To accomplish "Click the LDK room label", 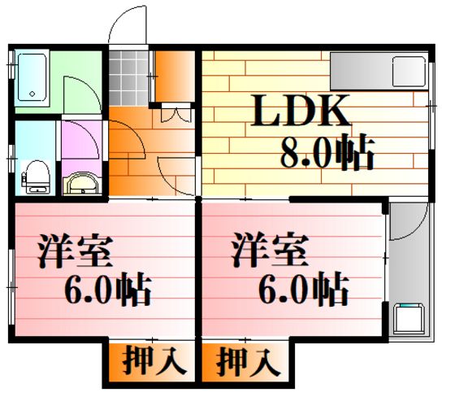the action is pos(301,111).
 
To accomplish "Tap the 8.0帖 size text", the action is pos(328,151).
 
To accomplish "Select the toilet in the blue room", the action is pos(37,177).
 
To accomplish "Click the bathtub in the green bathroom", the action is pos(32,77).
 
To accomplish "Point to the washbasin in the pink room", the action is pos(82,183).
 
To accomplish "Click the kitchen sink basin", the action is pos(409,72).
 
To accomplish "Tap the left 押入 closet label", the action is pos(154,362).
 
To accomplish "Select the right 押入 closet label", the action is pos(248,362).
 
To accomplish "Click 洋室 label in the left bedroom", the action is pos(75,251).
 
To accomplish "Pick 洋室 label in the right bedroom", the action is pos(270,250).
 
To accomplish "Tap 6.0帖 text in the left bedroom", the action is pos(107,289).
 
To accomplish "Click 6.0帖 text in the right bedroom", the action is pos(303,289).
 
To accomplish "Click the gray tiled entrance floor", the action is pos(128,77).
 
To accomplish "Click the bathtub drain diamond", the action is pos(32,94).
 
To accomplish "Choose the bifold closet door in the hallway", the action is pos(176,115).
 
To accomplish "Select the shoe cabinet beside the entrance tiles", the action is pos(174,76).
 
